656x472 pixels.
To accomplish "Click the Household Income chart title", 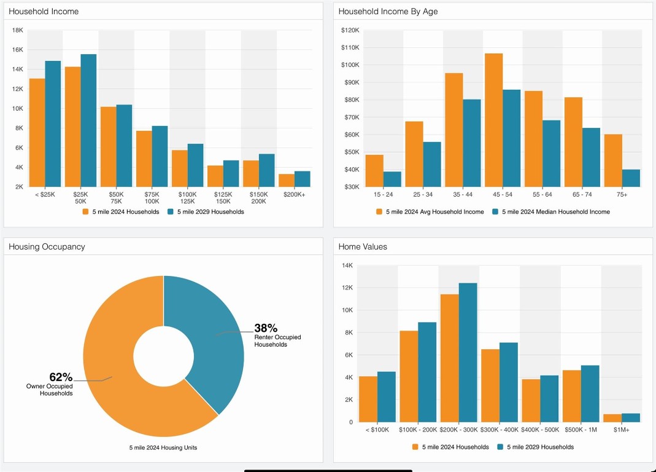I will click(x=44, y=12).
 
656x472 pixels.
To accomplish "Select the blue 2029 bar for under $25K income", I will click(x=53, y=124).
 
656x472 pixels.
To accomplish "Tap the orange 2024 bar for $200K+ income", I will click(x=286, y=180).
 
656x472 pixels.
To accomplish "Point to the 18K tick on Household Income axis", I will click(x=17, y=30).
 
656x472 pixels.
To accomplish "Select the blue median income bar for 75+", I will click(x=631, y=178).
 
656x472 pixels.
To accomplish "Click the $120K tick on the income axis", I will click(x=350, y=30).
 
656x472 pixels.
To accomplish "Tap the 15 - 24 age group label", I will click(x=374, y=194).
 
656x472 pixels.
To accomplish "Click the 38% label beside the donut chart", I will click(x=266, y=328).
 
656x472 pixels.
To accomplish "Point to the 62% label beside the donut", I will click(x=61, y=377).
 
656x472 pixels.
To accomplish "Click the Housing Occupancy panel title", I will click(x=47, y=247).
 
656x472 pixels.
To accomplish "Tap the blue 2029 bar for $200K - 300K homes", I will click(x=468, y=352).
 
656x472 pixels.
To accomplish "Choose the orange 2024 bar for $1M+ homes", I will click(x=612, y=418).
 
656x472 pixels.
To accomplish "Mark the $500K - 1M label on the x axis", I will click(x=581, y=430).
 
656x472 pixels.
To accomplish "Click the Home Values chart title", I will click(x=363, y=247).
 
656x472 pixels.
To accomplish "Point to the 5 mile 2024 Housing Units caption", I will click(x=163, y=447).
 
